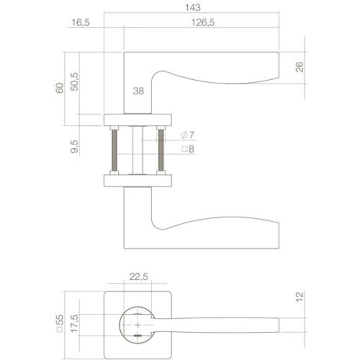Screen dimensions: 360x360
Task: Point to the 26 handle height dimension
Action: [301, 67]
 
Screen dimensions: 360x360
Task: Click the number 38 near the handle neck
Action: [138, 92]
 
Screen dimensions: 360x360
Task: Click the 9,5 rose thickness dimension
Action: [75, 146]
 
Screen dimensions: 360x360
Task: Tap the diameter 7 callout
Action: [188, 135]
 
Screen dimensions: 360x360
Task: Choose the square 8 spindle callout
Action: [188, 149]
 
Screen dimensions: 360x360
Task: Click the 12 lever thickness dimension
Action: [301, 296]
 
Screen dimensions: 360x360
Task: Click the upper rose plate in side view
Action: [138, 119]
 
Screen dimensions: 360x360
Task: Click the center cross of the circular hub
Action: [138, 326]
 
